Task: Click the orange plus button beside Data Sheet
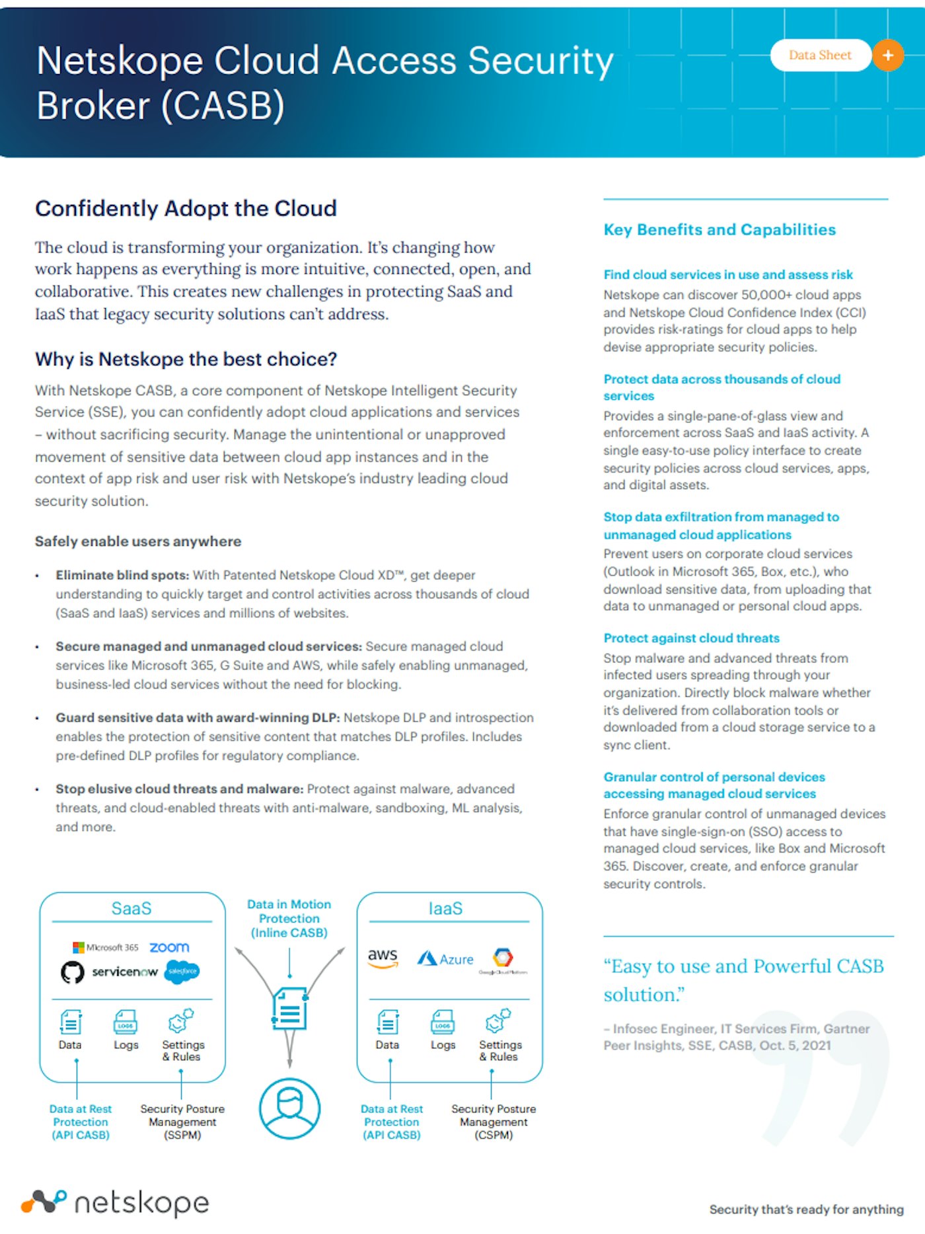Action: click(888, 56)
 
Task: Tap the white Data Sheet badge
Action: click(820, 56)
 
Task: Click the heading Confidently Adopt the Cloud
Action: click(186, 208)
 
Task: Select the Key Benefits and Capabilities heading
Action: click(719, 229)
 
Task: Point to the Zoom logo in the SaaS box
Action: click(169, 947)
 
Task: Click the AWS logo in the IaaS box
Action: click(383, 957)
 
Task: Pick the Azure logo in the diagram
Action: click(445, 958)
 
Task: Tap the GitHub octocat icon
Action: click(73, 972)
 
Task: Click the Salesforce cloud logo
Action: click(182, 971)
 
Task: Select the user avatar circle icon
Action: click(289, 1108)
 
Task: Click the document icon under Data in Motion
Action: click(289, 1009)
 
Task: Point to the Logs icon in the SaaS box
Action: click(126, 1022)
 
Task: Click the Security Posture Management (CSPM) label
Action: click(494, 1122)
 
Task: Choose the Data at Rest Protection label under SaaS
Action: click(81, 1122)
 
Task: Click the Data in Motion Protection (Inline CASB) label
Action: click(289, 918)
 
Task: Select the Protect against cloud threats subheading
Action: click(691, 638)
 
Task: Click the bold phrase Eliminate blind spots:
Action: click(122, 575)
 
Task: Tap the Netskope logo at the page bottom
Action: click(115, 1202)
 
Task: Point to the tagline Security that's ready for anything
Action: click(806, 1209)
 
